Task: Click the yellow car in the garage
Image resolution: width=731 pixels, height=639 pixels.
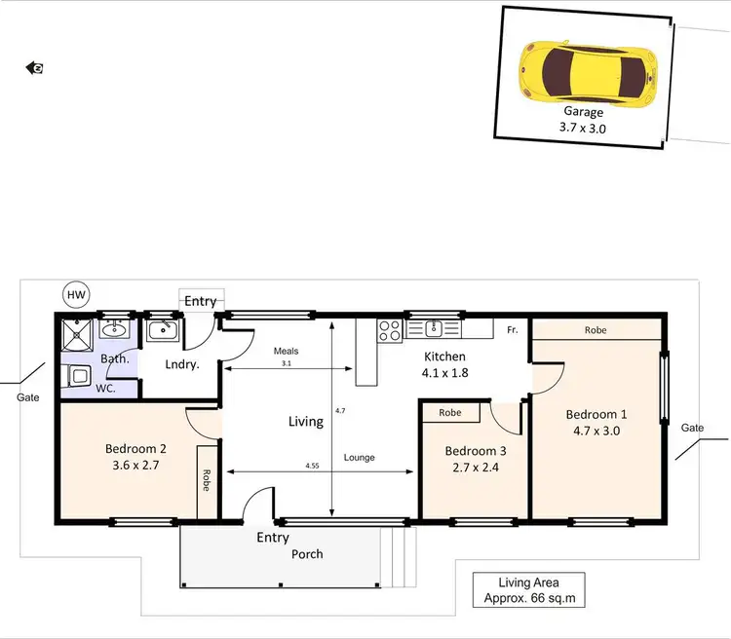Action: (589, 73)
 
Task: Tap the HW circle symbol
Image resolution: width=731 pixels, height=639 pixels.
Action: (75, 293)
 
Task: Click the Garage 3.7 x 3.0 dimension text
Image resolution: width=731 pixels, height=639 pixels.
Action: (584, 120)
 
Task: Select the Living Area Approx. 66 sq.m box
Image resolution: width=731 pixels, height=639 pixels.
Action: (528, 590)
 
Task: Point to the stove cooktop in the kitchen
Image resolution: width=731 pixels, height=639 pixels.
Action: (390, 330)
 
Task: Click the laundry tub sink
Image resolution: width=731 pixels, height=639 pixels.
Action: (161, 331)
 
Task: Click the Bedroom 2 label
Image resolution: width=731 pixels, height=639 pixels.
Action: (136, 456)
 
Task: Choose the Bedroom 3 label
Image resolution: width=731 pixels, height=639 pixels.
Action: (476, 459)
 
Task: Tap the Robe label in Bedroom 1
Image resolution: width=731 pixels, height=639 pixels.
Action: (596, 330)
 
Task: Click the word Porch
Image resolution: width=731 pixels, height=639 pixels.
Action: (307, 554)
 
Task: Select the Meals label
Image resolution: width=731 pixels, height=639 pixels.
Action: (286, 351)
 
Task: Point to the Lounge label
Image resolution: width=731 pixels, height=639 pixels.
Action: (359, 457)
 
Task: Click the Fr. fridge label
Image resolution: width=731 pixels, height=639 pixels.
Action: (512, 331)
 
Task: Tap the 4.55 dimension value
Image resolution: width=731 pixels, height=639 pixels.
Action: (312, 466)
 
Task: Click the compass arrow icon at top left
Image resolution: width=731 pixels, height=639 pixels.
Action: (34, 67)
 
